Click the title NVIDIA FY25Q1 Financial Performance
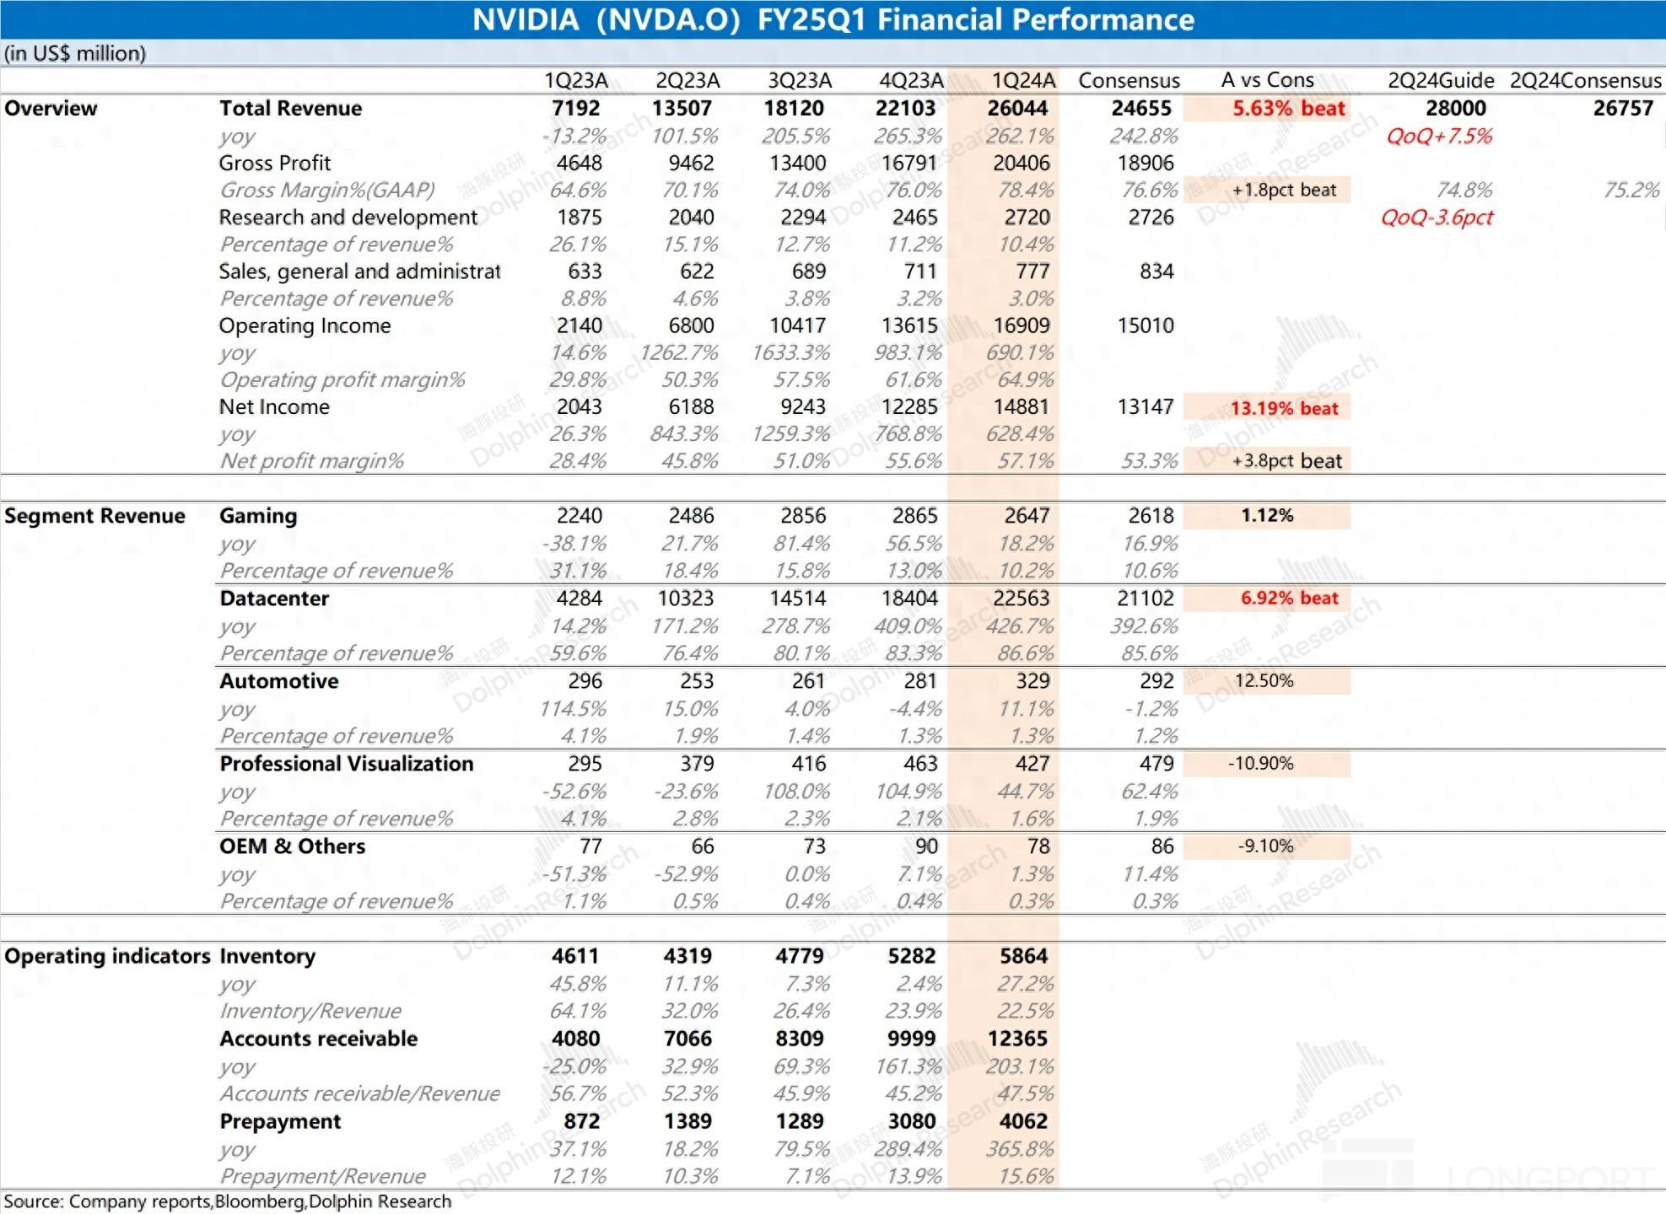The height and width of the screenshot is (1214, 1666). pos(833,19)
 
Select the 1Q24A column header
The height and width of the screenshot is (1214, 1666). pos(1023,80)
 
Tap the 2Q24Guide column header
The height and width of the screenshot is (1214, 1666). pos(1441,80)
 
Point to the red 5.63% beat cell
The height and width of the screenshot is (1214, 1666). pos(1289,108)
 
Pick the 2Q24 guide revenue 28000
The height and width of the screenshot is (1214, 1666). pos(1456,108)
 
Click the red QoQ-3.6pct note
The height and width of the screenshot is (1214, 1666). pos(1437,218)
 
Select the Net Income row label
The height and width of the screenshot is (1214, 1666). pos(274,406)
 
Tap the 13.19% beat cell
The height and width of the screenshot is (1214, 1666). pos(1284,408)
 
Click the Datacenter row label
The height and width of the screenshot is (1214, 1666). pos(274,599)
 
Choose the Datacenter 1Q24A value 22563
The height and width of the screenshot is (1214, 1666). pos(1021,599)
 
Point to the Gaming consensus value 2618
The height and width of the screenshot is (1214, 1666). pos(1151,516)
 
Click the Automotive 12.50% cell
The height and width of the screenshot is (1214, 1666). pos(1264,680)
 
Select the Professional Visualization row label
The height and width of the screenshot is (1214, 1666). pos(347,764)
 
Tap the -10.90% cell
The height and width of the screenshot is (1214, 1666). pos(1260,763)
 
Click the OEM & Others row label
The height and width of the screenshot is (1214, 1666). pos(292,846)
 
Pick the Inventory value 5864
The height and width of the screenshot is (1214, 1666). pos(1023,956)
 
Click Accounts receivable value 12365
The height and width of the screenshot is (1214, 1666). pos(1017,1039)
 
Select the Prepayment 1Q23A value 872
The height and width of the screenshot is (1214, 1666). pos(581,1121)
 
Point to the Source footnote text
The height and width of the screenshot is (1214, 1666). pos(228,1201)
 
